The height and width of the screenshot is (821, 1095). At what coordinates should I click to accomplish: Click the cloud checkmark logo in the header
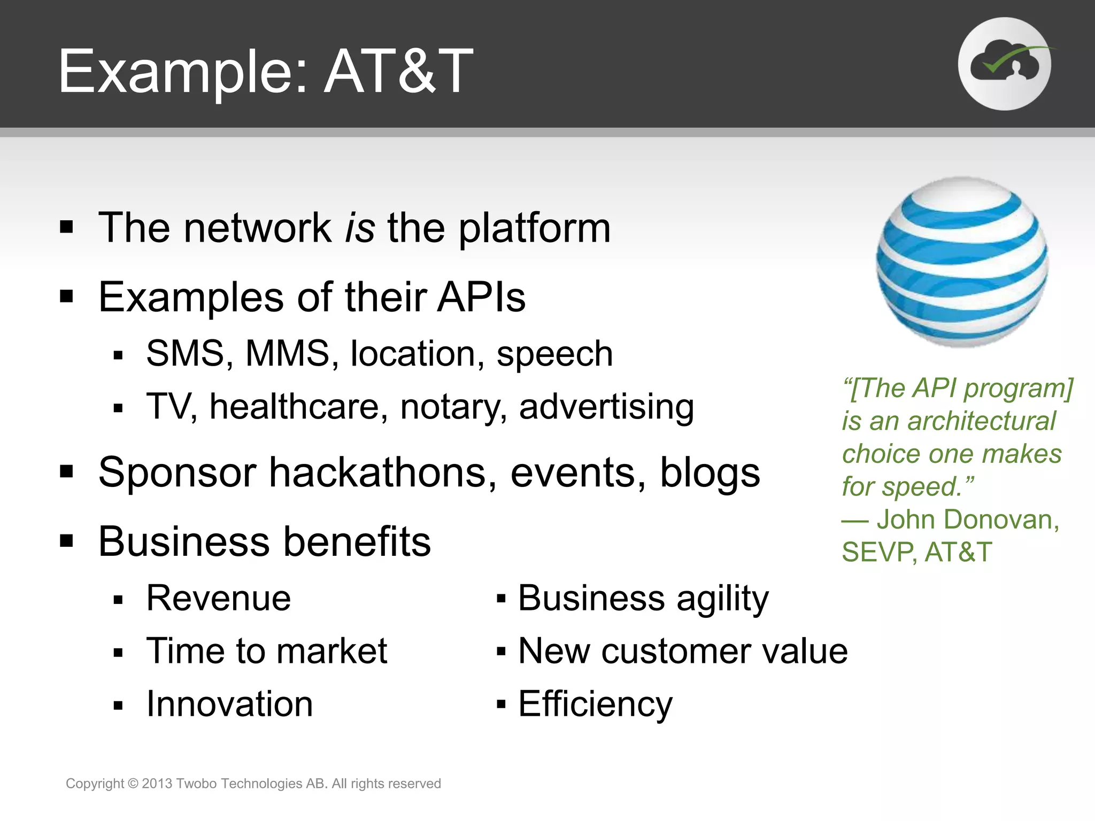tap(1004, 64)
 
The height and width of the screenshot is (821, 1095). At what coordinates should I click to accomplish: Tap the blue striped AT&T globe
tap(961, 262)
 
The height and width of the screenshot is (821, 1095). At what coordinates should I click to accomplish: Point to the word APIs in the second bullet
tap(481, 297)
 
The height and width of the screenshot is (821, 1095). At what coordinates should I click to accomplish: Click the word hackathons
tap(382, 473)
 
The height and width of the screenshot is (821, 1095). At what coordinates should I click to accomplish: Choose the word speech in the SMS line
tap(554, 354)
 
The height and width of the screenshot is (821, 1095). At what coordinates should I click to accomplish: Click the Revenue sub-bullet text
tap(219, 598)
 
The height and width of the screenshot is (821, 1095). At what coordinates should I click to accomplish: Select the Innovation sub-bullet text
tap(229, 704)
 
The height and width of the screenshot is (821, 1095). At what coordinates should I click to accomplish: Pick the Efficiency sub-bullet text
tap(595, 704)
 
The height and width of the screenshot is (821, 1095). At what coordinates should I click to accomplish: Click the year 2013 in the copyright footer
tap(157, 784)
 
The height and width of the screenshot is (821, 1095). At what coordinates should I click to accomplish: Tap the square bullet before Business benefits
tap(66, 541)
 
